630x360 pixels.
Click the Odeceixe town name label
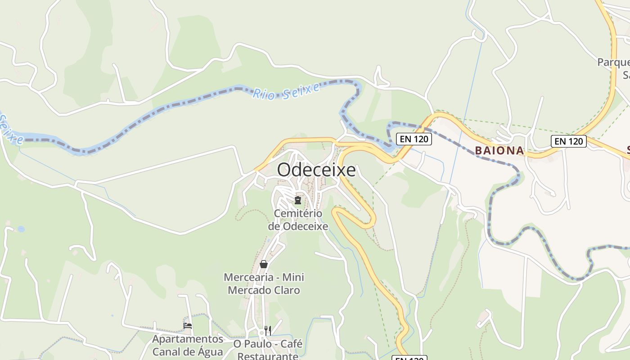[x=316, y=170]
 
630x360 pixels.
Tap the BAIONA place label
[x=499, y=151]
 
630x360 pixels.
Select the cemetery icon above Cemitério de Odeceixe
[x=297, y=200]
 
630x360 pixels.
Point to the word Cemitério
[x=298, y=213]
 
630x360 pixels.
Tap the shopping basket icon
[x=264, y=264]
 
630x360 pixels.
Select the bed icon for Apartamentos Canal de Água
[x=188, y=325]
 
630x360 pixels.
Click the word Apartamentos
[x=188, y=339]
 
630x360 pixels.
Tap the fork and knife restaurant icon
[x=268, y=331]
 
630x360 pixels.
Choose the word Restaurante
[x=268, y=356]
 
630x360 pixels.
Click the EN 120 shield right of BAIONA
[x=569, y=141]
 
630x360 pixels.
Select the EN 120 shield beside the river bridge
[x=414, y=139]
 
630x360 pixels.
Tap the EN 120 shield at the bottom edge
[x=409, y=358]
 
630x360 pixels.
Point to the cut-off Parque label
[x=613, y=62]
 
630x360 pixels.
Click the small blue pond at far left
[x=21, y=229]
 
